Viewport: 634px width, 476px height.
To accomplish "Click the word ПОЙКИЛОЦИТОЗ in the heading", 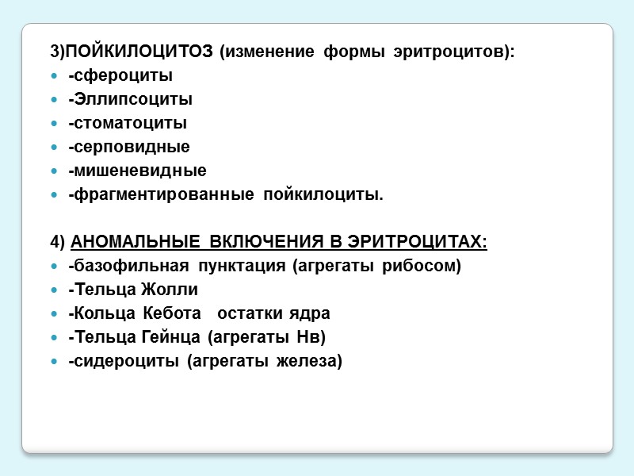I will [139, 52].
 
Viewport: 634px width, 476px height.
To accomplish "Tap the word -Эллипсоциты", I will [130, 100].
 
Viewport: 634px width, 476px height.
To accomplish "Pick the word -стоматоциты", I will [128, 124].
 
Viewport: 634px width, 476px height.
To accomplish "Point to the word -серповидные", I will [129, 148].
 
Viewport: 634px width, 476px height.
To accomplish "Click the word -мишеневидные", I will [137, 171].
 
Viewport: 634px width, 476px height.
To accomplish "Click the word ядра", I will [312, 313].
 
